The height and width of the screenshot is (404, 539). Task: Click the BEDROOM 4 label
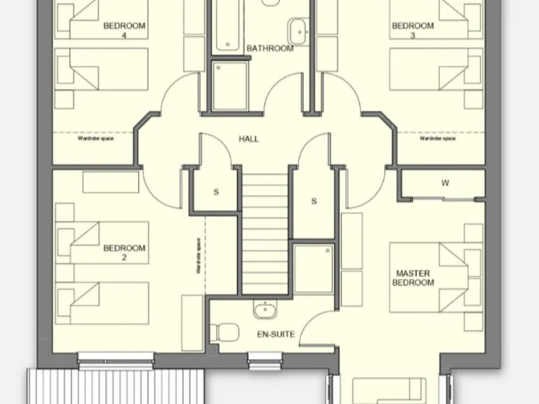point(124,30)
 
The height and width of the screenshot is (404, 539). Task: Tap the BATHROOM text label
point(269,48)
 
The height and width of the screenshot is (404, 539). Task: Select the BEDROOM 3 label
point(413,30)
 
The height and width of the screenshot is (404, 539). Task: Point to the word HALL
point(248,139)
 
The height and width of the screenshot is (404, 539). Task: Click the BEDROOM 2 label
point(124,252)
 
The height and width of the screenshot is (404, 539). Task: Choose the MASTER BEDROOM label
point(415,278)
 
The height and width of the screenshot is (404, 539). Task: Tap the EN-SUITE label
point(276,335)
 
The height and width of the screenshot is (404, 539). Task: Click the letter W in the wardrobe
point(445,184)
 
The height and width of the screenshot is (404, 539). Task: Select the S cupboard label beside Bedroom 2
point(216,191)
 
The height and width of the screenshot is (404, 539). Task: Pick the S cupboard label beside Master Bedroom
point(314,201)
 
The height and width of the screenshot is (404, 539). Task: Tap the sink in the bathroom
point(298,30)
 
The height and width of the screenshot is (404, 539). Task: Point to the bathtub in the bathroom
point(228,28)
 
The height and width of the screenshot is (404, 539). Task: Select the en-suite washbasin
point(265,309)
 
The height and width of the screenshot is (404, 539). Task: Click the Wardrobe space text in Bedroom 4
point(95,139)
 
